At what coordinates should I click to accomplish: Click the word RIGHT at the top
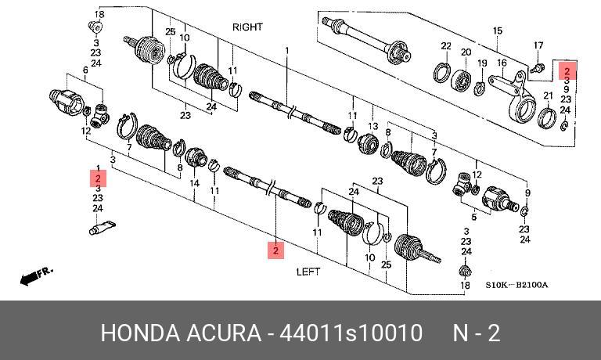point(247,27)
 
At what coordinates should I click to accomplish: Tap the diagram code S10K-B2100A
point(516,285)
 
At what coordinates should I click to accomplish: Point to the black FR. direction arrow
point(35,275)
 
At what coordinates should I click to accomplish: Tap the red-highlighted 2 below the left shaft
point(275,250)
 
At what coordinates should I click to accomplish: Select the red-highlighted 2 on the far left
point(98,178)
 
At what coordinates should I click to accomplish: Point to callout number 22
point(445,46)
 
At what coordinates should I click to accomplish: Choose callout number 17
point(538,45)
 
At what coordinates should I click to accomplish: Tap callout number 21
point(548,95)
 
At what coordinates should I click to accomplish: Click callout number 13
point(372,126)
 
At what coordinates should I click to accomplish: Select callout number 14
point(195,183)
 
